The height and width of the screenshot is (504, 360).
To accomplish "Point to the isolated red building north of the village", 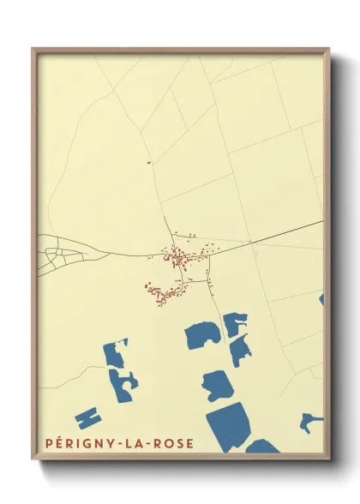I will coord(148,162).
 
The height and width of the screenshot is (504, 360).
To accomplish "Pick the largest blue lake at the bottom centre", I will coord(229,424).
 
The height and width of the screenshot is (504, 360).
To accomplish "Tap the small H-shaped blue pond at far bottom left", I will coord(87,418).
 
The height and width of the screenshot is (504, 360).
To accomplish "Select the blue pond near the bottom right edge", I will coord(310,421).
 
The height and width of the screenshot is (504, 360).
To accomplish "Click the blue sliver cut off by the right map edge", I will coord(321,300).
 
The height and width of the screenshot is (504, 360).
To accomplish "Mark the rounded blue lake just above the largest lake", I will coord(216,385).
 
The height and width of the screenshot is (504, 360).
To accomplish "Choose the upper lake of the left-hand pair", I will coord(115,353).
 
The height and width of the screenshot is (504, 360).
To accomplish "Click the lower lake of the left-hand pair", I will coord(123,383).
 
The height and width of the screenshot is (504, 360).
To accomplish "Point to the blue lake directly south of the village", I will coord(202,335).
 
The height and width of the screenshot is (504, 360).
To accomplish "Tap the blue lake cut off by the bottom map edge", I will coord(262,447).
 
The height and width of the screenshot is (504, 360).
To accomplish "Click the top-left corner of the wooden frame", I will coord(33,49).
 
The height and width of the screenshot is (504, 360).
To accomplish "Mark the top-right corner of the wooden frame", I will coord(329,49).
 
